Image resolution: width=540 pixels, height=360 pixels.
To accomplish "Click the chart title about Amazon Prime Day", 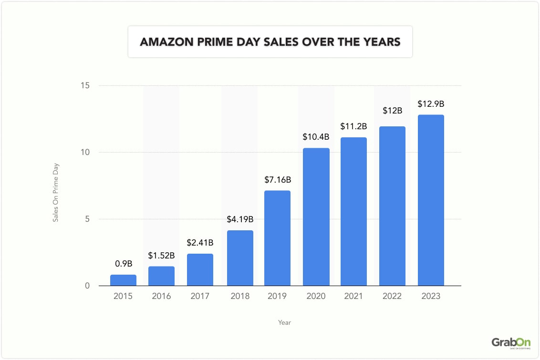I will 270,42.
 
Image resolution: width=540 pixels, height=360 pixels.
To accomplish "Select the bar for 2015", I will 123,280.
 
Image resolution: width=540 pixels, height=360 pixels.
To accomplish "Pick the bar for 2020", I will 316,217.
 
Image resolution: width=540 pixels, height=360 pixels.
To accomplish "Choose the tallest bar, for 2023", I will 431,200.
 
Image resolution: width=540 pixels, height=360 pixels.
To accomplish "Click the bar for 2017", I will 200,270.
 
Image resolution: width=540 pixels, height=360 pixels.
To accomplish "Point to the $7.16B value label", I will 277,180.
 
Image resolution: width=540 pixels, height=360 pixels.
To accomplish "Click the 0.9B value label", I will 123,264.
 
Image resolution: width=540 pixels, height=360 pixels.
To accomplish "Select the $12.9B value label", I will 431,104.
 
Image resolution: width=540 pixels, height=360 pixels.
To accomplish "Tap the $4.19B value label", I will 240,220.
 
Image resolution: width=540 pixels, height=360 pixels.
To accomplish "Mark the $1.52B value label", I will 161,256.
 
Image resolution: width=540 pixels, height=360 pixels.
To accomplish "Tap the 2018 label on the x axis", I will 240,297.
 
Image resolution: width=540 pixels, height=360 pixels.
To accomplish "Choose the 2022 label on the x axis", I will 392,297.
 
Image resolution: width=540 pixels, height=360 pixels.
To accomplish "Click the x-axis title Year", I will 284,323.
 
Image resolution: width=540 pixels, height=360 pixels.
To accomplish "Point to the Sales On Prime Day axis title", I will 55,193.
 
